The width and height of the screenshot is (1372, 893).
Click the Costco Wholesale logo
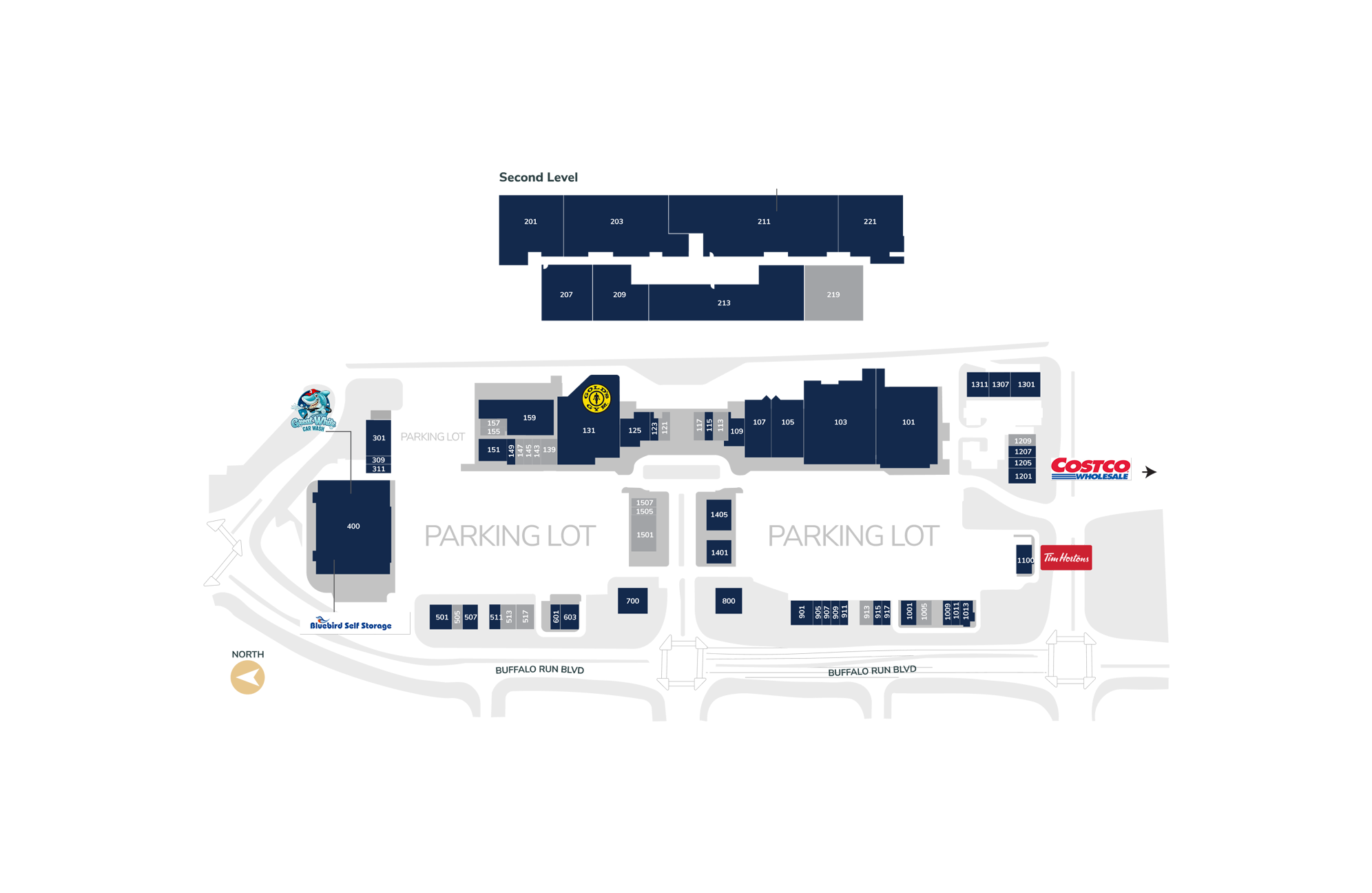1090,467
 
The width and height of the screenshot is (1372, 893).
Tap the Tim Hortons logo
1066,558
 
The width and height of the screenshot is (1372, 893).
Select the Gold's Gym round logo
596,398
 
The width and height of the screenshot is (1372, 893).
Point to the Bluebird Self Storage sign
351,624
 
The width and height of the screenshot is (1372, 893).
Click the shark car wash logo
313,411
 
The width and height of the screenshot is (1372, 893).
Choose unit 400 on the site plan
353,526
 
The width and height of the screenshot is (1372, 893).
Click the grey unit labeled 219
833,295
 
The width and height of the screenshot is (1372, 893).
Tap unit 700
632,601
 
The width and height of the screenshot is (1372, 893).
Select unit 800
728,601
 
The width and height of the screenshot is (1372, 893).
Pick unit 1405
718,515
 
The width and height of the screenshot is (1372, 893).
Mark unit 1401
719,553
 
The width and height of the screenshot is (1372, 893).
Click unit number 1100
1025,561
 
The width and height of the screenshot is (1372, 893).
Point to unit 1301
1026,384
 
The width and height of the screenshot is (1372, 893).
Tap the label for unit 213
724,303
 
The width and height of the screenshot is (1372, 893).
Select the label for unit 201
530,222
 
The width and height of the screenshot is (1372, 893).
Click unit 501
441,617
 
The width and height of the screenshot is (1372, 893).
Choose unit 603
570,617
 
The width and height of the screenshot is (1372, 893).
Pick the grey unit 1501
645,535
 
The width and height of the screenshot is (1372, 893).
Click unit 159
529,418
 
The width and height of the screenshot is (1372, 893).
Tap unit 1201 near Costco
1023,476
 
